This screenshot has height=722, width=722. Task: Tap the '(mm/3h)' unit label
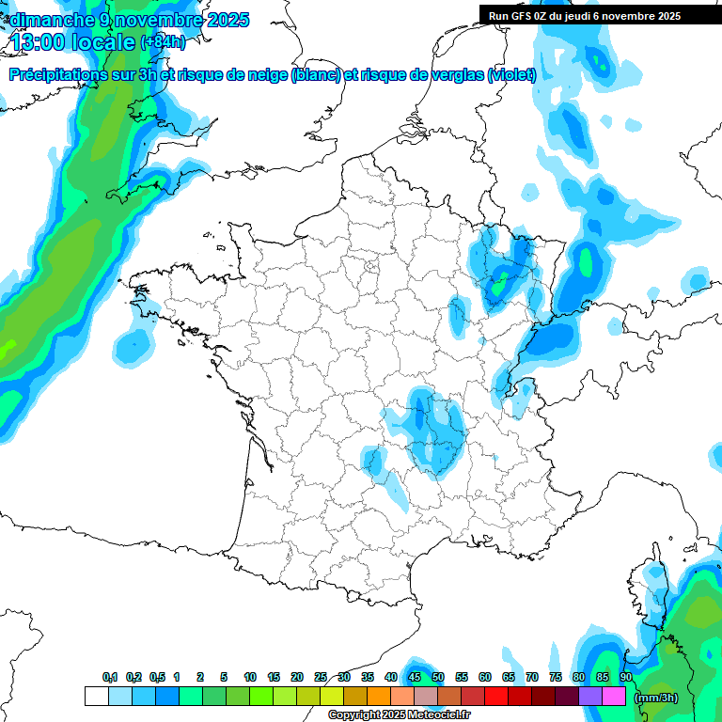[656, 698]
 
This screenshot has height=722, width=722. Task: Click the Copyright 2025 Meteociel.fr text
[400, 715]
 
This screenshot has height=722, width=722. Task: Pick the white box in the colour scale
[96, 697]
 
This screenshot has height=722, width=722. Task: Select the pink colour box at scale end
[614, 697]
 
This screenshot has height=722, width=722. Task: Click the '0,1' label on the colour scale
[110, 678]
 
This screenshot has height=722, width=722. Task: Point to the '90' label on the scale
[626, 678]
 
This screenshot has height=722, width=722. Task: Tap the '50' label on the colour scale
[438, 678]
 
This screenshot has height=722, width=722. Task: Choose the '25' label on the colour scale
[321, 678]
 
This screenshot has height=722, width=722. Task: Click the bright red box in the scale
[496, 697]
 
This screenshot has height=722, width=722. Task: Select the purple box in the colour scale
[590, 697]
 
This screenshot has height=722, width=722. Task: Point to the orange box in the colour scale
[379, 697]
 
